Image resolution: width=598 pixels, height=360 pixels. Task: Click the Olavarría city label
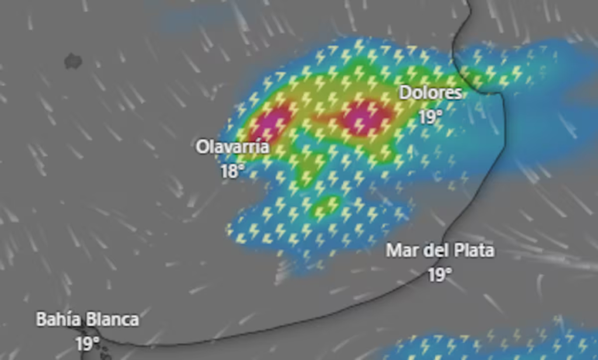[x=232, y=147]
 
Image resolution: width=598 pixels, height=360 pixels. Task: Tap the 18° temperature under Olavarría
[x=232, y=171]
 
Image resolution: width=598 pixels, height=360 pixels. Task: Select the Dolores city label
[x=430, y=93]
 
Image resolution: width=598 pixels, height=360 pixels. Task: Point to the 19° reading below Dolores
[x=430, y=117]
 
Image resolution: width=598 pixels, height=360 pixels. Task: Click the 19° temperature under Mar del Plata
[x=440, y=275]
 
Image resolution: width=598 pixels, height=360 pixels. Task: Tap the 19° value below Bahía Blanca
[x=87, y=344]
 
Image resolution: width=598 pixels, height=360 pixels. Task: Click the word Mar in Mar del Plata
[x=401, y=251]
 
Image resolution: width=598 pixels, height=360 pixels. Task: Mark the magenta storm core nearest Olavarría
[x=272, y=122]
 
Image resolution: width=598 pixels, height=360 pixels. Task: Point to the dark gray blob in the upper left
[x=73, y=61]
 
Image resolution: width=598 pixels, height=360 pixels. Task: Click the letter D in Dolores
[x=405, y=93]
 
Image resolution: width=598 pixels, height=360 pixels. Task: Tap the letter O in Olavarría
[x=202, y=147]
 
